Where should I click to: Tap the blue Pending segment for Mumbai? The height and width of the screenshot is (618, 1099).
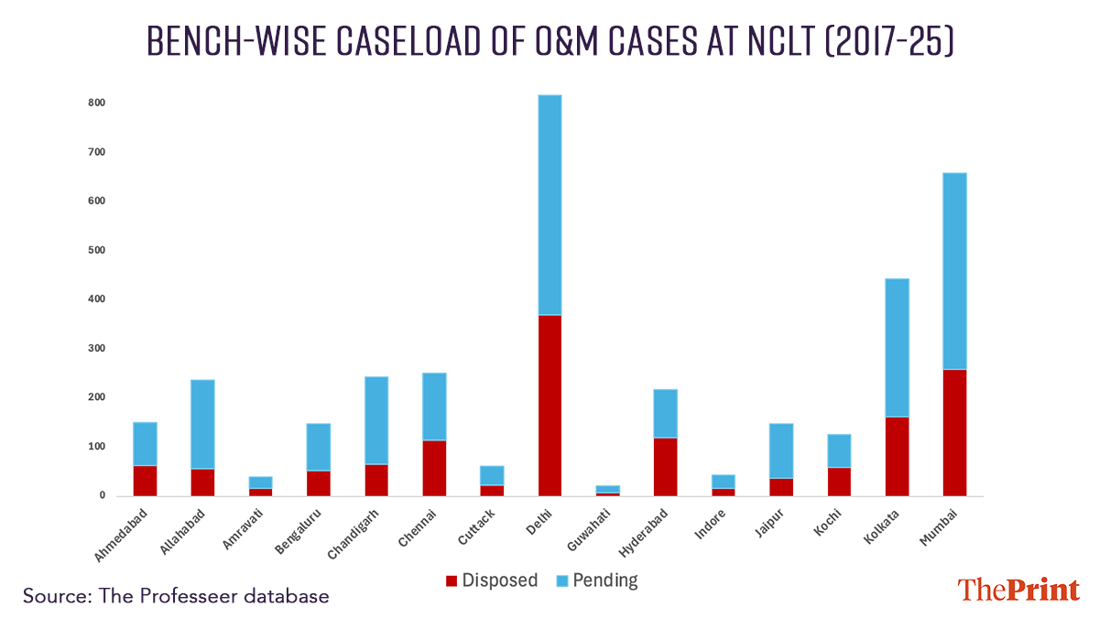point(954,271)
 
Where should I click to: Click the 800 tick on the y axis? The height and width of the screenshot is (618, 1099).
point(97,103)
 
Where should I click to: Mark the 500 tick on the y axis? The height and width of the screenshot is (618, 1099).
point(97,250)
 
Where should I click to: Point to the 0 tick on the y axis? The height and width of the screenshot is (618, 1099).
point(103,495)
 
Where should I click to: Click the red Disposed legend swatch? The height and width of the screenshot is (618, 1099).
point(452,580)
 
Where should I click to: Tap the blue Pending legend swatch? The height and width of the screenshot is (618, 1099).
point(561,580)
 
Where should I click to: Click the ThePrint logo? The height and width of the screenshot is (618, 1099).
point(1017,591)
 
